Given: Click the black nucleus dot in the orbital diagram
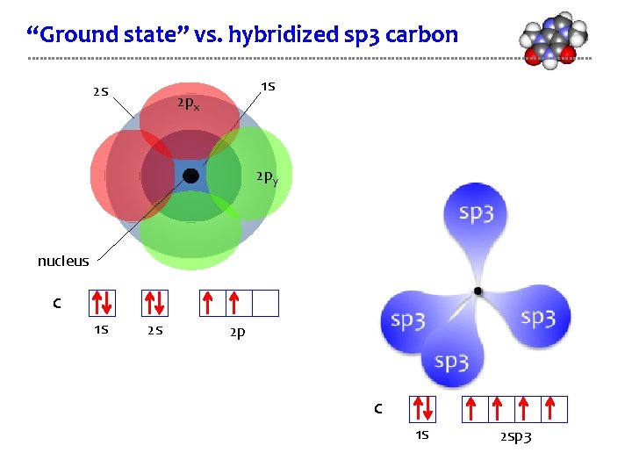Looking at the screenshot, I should coord(190,176).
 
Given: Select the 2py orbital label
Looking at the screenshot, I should coord(267,178).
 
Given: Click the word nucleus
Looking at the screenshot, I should coord(63,261).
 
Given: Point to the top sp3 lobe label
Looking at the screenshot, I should coord(477,213).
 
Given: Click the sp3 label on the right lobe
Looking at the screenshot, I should coord(537,318).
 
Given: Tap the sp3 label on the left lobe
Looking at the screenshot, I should coord(408,320).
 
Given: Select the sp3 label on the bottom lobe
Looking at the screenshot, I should coord(451,361).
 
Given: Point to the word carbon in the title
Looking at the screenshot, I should coord(426,35).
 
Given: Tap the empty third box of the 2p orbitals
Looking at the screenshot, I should coord(265,303).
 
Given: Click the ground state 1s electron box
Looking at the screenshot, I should coord(103,303).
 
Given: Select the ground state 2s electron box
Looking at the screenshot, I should coord(154,303).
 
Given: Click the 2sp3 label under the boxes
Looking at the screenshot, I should coord(515,436).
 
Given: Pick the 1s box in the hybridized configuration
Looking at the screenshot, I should coord(422,409).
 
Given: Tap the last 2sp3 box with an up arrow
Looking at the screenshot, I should coord(554,409).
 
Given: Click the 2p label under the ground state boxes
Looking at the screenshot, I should coord(237,333).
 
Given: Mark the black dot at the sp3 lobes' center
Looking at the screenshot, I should coord(478,291).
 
